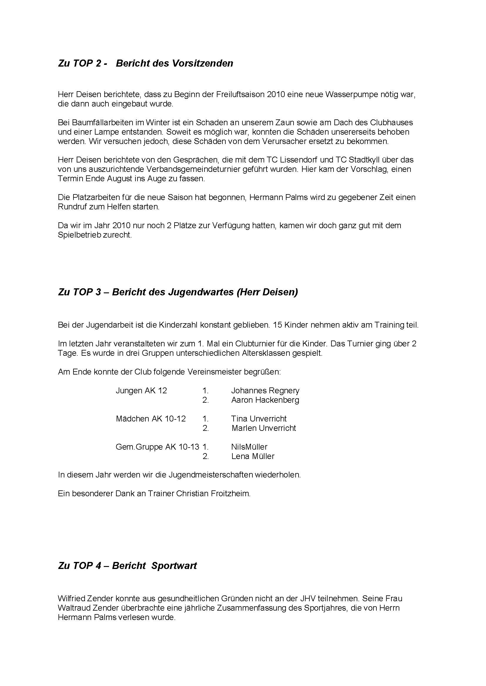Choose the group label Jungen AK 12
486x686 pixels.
point(141,390)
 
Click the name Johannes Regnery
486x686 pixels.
point(265,390)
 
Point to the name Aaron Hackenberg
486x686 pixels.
point(265,400)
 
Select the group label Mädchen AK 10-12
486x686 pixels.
point(151,419)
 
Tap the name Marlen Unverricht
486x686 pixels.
point(264,428)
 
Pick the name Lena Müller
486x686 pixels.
point(253,456)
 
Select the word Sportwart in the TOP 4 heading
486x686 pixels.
point(174,566)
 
